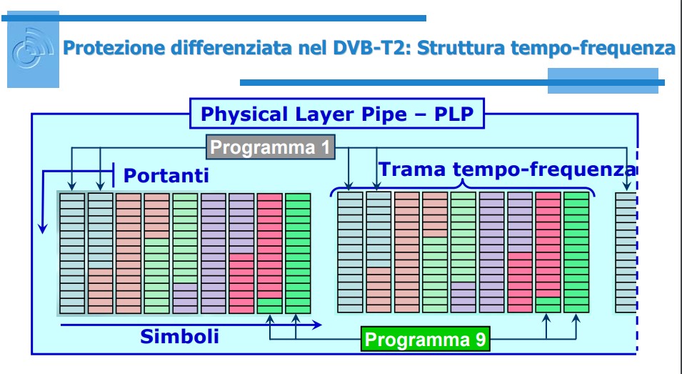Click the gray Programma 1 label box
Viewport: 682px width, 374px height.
tap(271, 147)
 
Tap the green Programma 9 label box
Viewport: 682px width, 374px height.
tap(426, 339)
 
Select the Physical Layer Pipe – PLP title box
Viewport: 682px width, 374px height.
tap(337, 114)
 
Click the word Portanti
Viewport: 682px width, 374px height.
tap(166, 175)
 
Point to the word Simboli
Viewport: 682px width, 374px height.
tap(179, 337)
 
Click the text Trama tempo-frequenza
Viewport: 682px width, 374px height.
tap(508, 169)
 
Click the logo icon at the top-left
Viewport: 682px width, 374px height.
tap(33, 49)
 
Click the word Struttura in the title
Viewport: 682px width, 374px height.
tap(463, 47)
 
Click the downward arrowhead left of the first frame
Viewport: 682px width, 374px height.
tap(42, 227)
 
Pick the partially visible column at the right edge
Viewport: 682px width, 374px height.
tap(626, 253)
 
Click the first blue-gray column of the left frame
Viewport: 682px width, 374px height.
tap(72, 253)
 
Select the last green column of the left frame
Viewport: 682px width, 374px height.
tap(298, 253)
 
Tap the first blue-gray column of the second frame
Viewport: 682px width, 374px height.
tap(350, 252)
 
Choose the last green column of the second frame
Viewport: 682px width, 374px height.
tap(576, 252)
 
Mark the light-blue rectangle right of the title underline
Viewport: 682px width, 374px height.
tap(603, 81)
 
